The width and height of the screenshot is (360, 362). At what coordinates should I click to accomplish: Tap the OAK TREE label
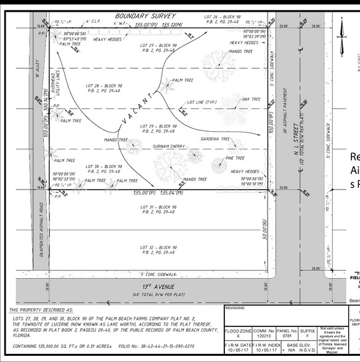pyautogui.click(x=252, y=99)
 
